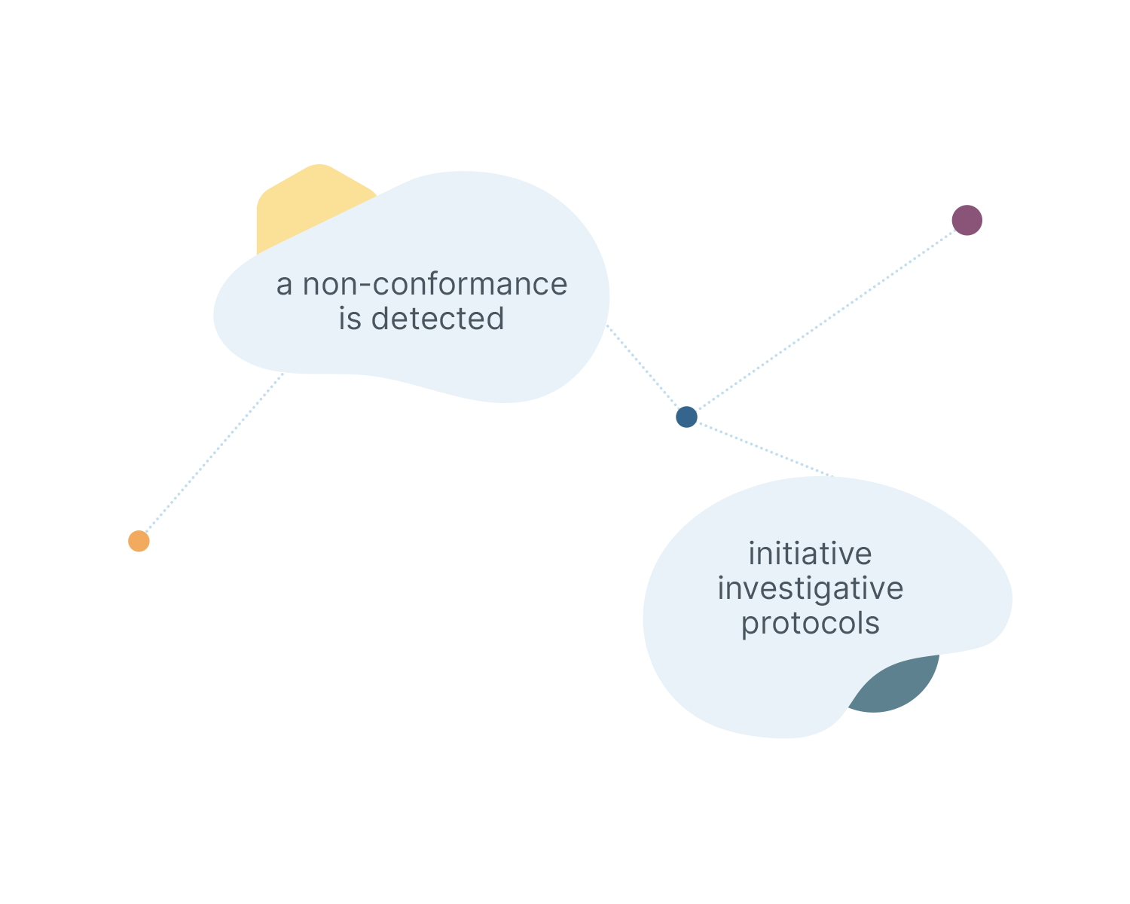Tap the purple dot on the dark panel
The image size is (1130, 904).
click(x=967, y=220)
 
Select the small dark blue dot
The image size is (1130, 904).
click(x=686, y=417)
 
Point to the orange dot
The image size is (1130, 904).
click(x=139, y=541)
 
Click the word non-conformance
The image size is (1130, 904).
click(x=435, y=285)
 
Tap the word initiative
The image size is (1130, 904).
click(x=810, y=554)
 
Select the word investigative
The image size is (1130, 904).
click(x=810, y=588)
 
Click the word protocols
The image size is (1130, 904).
click(x=810, y=624)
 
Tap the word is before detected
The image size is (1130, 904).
click(x=350, y=319)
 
